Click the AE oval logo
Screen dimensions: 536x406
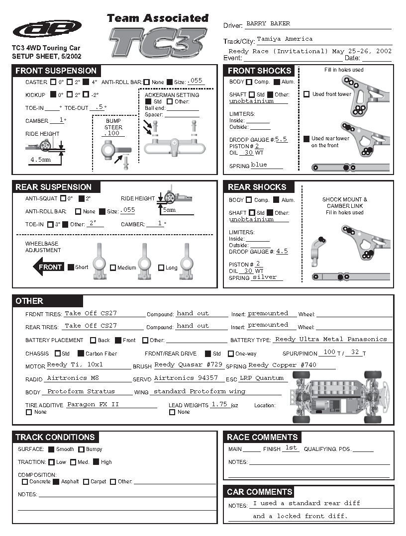pyautogui.click(x=47, y=29)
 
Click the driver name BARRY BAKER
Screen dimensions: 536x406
pyautogui.click(x=268, y=23)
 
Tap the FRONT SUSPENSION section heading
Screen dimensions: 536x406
pyautogui.click(x=56, y=71)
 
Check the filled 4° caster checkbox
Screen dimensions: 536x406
pyautogui.click(x=86, y=82)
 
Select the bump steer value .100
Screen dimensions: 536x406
pyautogui.click(x=113, y=133)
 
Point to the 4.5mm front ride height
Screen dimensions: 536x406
pyautogui.click(x=41, y=160)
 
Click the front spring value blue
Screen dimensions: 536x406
pyautogui.click(x=259, y=165)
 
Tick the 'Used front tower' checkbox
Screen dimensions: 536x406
pyautogui.click(x=306, y=94)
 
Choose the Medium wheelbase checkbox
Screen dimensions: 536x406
pyautogui.click(x=113, y=268)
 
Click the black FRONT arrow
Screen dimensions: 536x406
pyautogui.click(x=48, y=267)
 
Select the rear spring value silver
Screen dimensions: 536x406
pyautogui.click(x=264, y=277)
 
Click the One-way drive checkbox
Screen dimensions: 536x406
pyautogui.click(x=230, y=354)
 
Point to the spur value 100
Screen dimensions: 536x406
pyautogui.click(x=329, y=352)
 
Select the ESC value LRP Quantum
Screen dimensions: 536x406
pyautogui.click(x=262, y=378)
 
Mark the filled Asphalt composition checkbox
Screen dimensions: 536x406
pyautogui.click(x=56, y=481)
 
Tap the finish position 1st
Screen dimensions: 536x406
pyautogui.click(x=291, y=447)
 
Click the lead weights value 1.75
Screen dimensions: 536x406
pyautogui.click(x=219, y=404)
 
